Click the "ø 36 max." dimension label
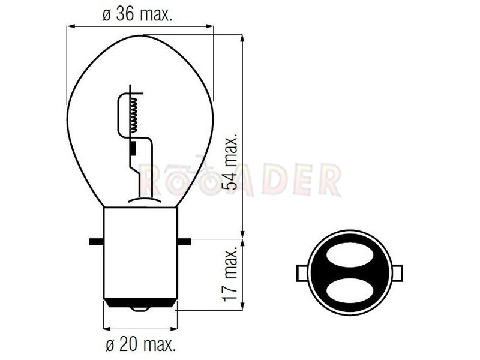[137, 14]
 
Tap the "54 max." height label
[230, 161]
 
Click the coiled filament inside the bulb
[134, 115]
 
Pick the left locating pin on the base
[97, 242]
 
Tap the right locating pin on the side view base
[184, 242]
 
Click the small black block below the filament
[133, 149]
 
